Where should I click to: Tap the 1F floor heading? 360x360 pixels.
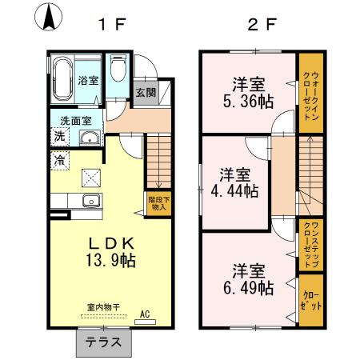coord(112,23)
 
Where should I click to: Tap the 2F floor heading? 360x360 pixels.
coord(261,23)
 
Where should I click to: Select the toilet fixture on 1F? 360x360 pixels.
coord(119,72)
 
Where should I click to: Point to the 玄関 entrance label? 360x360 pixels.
coord(145,92)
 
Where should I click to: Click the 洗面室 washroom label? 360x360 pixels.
coord(76,121)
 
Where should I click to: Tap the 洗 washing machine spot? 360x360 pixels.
coord(60,137)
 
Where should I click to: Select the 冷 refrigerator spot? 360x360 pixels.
coord(60,161)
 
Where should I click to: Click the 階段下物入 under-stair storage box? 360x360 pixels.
coord(158,202)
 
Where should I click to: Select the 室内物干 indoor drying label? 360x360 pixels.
coord(103,306)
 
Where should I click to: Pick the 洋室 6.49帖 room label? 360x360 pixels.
coord(249,278)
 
